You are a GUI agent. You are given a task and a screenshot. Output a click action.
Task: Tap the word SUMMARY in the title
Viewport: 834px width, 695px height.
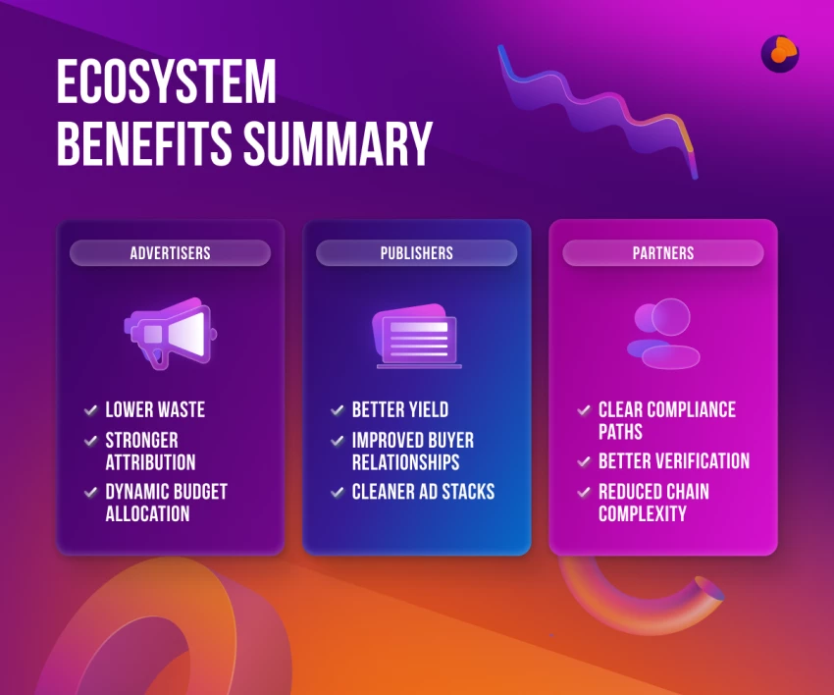click(338, 143)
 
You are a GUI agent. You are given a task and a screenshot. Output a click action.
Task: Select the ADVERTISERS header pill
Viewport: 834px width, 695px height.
click(170, 253)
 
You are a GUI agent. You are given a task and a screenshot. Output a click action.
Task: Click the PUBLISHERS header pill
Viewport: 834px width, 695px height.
click(416, 253)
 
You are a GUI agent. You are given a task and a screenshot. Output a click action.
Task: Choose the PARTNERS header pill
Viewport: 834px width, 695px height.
click(663, 253)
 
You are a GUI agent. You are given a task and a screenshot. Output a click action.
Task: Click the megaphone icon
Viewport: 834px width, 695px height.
click(170, 333)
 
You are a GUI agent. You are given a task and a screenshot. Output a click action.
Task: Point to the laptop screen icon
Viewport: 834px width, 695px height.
click(417, 336)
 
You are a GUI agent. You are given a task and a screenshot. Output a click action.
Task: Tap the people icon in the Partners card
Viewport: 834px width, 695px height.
click(663, 334)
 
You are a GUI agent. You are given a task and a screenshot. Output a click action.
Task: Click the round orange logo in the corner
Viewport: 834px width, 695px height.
click(780, 54)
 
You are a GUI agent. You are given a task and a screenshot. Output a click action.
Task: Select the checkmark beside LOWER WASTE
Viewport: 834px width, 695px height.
click(91, 409)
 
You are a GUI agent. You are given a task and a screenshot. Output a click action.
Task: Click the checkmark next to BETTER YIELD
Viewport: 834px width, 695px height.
click(338, 409)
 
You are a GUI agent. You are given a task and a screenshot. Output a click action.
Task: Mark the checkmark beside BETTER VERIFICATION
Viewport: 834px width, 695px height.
click(584, 460)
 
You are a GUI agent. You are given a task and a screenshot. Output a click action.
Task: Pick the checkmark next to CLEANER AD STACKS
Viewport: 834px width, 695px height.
click(338, 492)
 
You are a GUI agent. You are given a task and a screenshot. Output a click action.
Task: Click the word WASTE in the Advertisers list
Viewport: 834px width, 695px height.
click(182, 409)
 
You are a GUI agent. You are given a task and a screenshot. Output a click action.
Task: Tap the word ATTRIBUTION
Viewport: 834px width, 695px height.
click(150, 462)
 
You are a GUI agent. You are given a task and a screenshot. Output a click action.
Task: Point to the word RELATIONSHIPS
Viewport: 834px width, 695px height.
click(406, 462)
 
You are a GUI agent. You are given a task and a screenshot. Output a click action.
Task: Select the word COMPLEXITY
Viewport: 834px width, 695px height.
click(643, 513)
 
